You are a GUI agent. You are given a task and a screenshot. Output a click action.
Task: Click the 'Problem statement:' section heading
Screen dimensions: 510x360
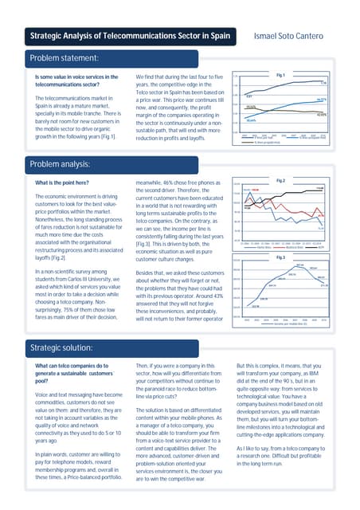pos(64,58)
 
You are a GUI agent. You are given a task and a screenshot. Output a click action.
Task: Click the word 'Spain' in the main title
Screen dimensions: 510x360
pos(218,36)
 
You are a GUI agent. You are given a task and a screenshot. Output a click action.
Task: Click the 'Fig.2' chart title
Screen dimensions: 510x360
pos(280,181)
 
